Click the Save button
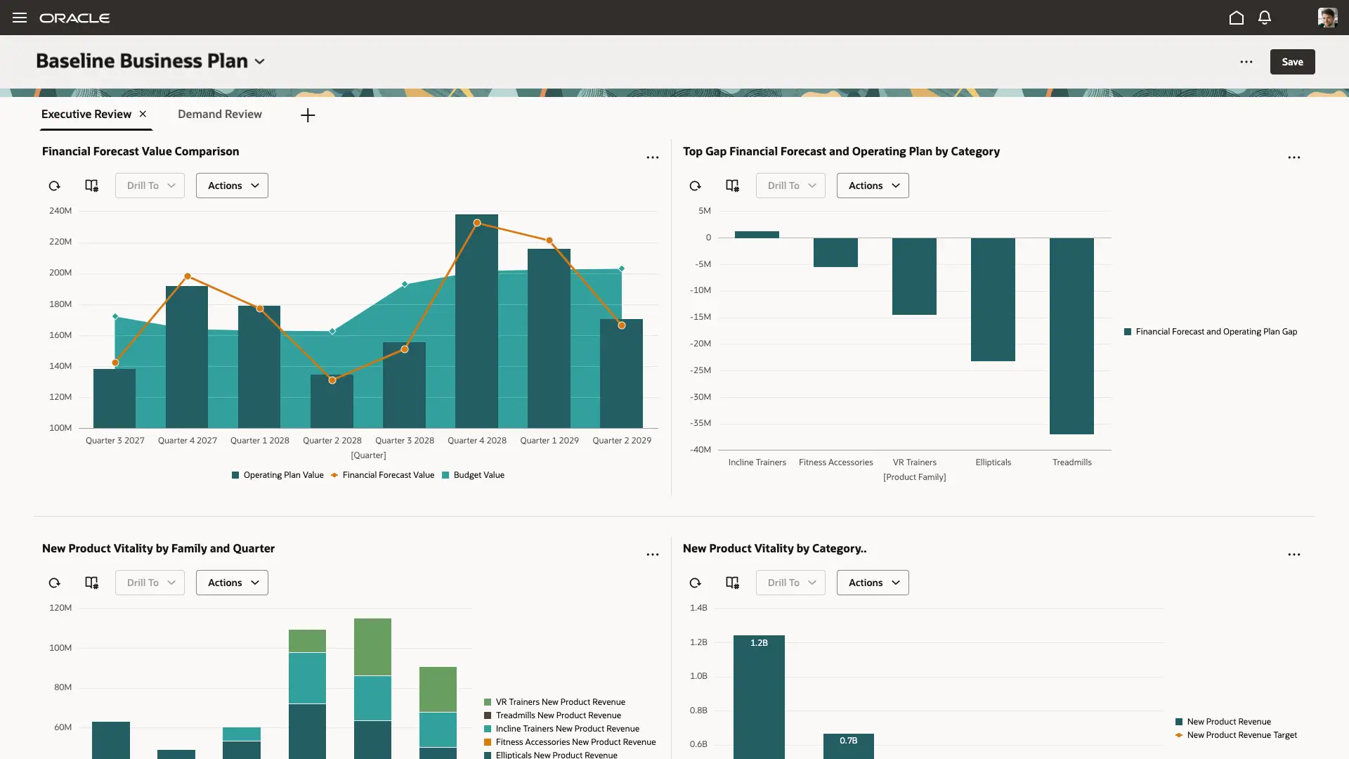pyautogui.click(x=1292, y=62)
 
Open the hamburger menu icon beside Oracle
pyautogui.click(x=20, y=18)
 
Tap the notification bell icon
pyautogui.click(x=1265, y=18)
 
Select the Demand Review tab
pyautogui.click(x=219, y=114)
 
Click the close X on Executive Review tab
pyautogui.click(x=143, y=114)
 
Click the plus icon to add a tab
pyautogui.click(x=308, y=115)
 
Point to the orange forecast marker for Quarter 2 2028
pyautogui.click(x=332, y=380)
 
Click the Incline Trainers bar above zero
pyautogui.click(x=757, y=235)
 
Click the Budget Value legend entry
pyautogui.click(x=478, y=475)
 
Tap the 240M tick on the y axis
pyautogui.click(x=60, y=211)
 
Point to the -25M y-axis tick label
pyautogui.click(x=700, y=370)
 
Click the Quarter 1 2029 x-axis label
pyautogui.click(x=549, y=441)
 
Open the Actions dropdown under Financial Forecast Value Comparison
pyautogui.click(x=232, y=186)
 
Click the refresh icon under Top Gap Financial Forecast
pyautogui.click(x=695, y=186)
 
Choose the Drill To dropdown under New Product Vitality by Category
pyautogui.click(x=790, y=583)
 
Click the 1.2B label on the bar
pyautogui.click(x=759, y=643)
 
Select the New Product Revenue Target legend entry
pyautogui.click(x=1242, y=735)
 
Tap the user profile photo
pyautogui.click(x=1327, y=18)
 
